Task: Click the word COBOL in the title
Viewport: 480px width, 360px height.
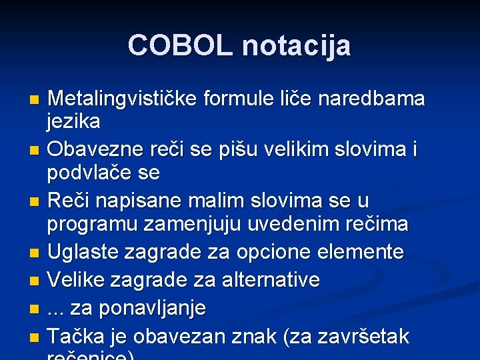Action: point(181,45)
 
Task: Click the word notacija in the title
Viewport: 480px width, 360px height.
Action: point(296,45)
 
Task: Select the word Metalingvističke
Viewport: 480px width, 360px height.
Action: point(123,99)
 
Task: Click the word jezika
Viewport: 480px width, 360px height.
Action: point(74,122)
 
